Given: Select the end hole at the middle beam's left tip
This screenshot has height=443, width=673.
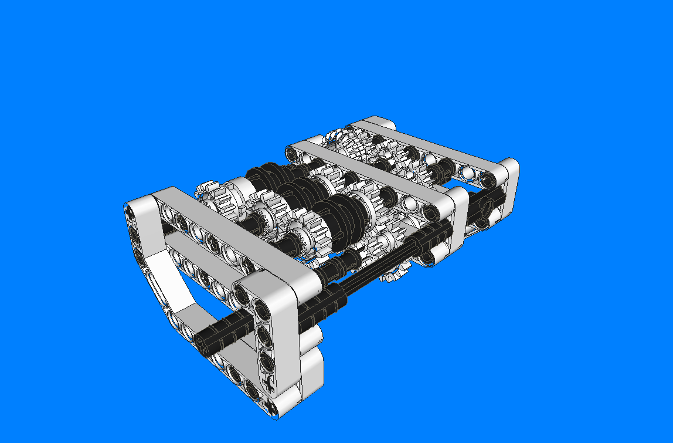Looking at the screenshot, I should [292, 154].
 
